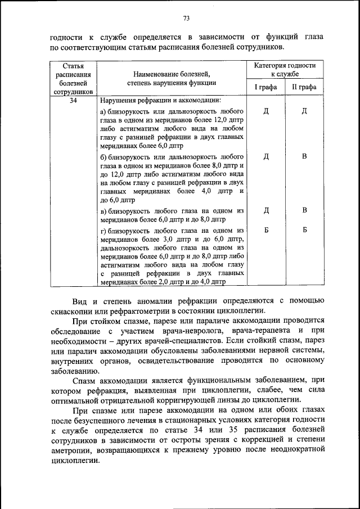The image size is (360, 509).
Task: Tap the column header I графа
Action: coord(265,87)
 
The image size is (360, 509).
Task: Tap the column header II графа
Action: coord(304,87)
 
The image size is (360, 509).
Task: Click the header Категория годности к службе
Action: coord(285,70)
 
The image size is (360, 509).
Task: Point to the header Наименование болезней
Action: coord(172,74)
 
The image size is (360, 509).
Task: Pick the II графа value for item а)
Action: coord(304,111)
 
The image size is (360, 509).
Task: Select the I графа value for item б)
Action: coord(265,156)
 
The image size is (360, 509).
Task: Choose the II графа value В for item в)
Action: coord(304,210)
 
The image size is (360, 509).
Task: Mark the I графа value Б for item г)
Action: coord(265,229)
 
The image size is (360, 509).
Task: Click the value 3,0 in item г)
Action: coord(160,238)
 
